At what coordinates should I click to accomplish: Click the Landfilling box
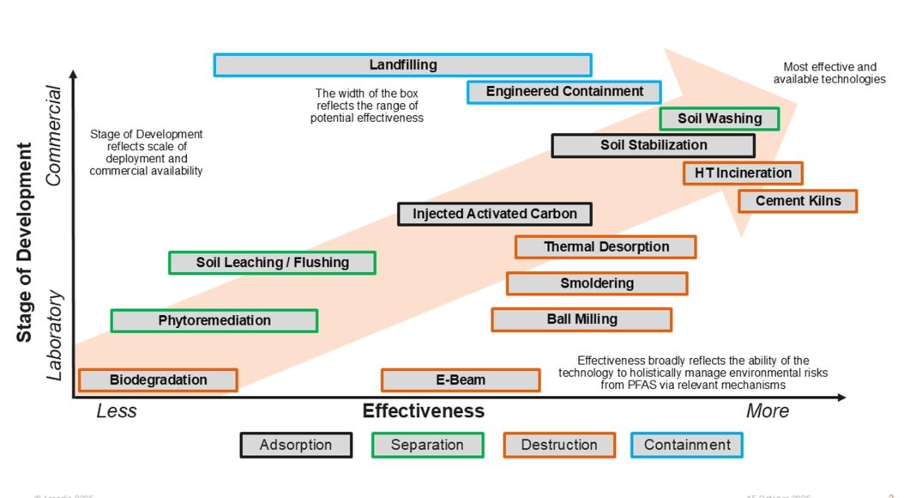[402, 65]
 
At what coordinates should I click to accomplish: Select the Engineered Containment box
[563, 92]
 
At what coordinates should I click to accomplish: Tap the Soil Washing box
[719, 118]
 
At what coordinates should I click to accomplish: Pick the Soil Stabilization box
[653, 145]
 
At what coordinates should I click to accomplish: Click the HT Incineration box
[743, 173]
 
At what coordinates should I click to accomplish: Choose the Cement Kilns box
[798, 201]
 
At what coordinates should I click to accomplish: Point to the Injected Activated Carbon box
[494, 214]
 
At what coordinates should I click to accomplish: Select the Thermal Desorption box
[606, 247]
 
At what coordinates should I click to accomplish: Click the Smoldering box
[597, 283]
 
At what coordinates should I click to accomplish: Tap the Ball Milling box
[582, 319]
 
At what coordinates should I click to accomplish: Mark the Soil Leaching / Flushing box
[272, 263]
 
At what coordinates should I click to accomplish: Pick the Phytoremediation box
[214, 321]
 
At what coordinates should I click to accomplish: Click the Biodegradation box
[158, 380]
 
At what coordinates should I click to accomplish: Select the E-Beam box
[461, 380]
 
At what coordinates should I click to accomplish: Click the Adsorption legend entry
[296, 445]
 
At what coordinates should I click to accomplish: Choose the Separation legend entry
[427, 445]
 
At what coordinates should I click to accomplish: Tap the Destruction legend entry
[559, 445]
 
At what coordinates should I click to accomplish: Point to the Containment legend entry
[687, 445]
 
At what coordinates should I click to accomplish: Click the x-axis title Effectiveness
[423, 411]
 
